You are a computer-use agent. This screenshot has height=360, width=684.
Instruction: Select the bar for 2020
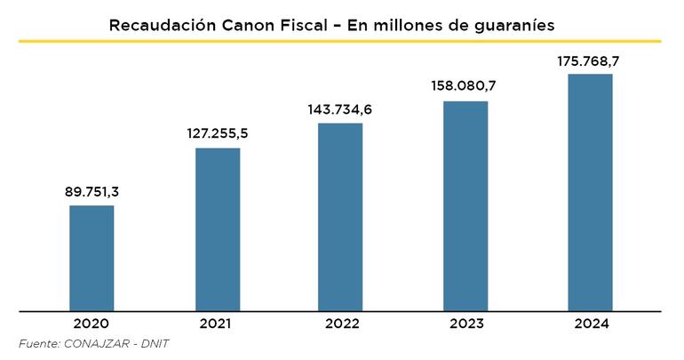click(91, 258)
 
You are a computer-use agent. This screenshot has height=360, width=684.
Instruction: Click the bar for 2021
click(218, 229)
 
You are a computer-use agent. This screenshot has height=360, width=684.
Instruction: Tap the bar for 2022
click(341, 217)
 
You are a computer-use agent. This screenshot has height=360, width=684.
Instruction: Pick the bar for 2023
click(465, 205)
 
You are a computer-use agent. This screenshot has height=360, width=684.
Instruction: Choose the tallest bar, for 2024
click(590, 192)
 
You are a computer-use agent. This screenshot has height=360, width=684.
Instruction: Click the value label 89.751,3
click(91, 191)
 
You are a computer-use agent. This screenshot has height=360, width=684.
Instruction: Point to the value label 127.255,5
click(218, 133)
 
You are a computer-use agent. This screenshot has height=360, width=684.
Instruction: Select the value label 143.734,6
click(341, 108)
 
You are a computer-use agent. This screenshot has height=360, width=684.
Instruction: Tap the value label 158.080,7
click(465, 86)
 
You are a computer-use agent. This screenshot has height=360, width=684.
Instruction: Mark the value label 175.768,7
click(590, 60)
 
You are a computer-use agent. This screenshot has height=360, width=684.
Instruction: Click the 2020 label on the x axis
click(91, 324)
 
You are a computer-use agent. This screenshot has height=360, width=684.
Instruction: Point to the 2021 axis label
click(218, 324)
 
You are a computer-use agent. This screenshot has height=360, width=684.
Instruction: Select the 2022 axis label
click(341, 324)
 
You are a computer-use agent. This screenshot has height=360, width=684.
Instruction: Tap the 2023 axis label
click(465, 324)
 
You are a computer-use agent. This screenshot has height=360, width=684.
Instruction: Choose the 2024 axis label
click(590, 324)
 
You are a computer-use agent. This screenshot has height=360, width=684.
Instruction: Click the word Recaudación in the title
click(158, 25)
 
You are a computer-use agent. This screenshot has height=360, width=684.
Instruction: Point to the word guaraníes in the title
click(512, 25)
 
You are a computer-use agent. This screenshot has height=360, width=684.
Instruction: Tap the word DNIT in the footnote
click(153, 344)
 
